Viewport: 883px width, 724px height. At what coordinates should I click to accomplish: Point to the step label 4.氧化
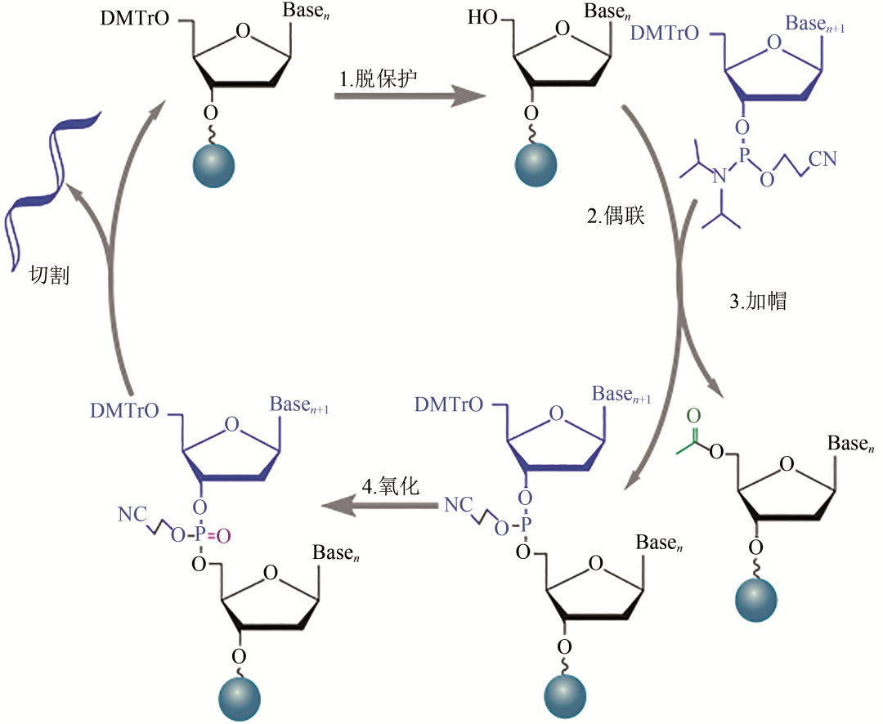pyautogui.click(x=390, y=487)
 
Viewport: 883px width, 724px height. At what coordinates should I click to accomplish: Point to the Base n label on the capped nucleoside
pyautogui.click(x=852, y=445)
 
